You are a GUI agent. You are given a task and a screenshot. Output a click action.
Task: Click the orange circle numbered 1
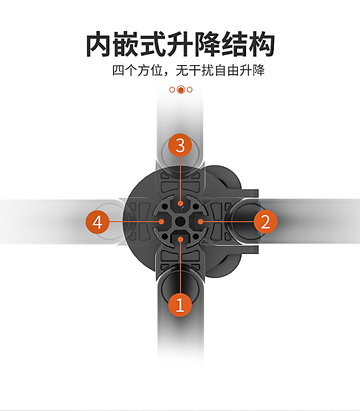[x=180, y=304]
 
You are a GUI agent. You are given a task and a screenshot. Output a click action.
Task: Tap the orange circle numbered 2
[x=265, y=222]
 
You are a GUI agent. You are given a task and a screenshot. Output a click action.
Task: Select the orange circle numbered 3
[x=180, y=146]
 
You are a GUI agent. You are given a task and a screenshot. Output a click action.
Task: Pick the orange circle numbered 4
[x=98, y=223]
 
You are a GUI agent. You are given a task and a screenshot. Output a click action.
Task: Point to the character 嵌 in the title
[x=128, y=44]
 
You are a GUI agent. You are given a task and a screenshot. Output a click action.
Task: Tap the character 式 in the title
[x=155, y=44]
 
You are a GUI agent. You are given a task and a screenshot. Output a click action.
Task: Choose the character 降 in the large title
[x=209, y=44]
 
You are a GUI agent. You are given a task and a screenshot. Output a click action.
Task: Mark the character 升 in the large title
[x=182, y=44]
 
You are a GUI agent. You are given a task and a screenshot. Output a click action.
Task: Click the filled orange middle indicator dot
[x=180, y=90]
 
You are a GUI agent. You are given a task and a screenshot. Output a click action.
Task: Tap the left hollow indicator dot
[x=172, y=90]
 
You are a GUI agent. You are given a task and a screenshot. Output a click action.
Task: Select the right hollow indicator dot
[x=190, y=90]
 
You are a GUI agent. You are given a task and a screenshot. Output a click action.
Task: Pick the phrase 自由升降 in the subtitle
[x=240, y=71]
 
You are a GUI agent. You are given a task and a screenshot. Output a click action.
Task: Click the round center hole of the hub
[x=180, y=222]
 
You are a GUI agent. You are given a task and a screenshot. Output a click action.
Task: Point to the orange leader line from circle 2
[x=228, y=221]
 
